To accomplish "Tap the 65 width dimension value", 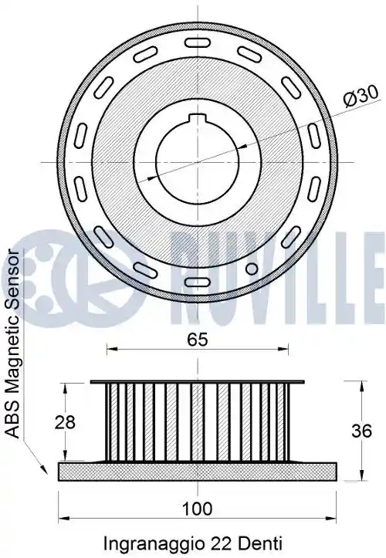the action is click(198, 340).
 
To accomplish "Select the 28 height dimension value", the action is click(65, 422).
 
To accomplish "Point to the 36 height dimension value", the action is click(361, 431).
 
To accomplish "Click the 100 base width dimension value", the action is click(198, 509).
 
